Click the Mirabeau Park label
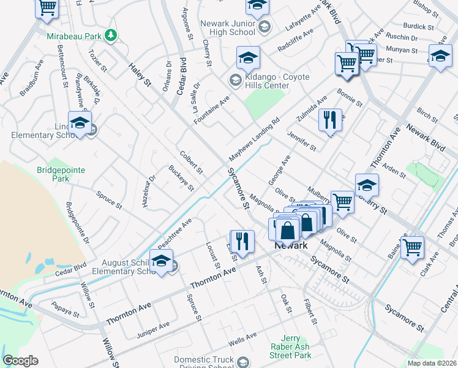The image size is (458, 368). tap(73, 36)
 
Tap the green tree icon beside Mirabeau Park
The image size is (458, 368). tap(111, 36)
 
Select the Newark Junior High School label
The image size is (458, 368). tap(227, 28)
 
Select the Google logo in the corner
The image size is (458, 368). tap(20, 361)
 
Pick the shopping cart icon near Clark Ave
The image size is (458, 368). tap(412, 248)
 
